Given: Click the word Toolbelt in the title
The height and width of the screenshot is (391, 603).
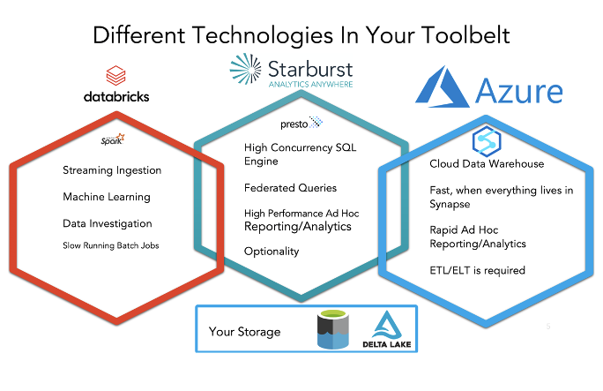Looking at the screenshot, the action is coord(465,35).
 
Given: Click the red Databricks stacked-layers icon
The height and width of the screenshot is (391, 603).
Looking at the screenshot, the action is coord(115,75).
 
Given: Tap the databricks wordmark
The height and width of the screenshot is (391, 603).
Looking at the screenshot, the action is coord(116,96).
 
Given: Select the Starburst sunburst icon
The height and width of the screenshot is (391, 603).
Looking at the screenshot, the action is coord(245,69).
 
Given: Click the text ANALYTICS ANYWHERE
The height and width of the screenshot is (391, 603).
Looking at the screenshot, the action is coord(310,84).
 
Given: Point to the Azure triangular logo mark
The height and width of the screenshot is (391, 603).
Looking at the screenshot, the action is coord(443,86).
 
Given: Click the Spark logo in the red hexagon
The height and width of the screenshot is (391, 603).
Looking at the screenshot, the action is coord(113,139).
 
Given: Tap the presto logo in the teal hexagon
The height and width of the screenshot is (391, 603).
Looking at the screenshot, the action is coord(301,123).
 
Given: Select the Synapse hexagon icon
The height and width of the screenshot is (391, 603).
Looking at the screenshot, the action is coord(487,141).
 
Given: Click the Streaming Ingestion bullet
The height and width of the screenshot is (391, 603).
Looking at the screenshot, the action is coord(112,170).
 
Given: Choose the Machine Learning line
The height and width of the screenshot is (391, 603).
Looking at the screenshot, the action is coord(107,197).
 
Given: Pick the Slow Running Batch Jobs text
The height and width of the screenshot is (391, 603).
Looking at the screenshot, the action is coord(111,245).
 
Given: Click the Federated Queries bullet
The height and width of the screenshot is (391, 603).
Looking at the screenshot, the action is coord(290,188).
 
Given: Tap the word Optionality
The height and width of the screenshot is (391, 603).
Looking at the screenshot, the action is coord(272,252).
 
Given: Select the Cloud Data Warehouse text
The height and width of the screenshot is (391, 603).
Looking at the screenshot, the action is coord(487,163).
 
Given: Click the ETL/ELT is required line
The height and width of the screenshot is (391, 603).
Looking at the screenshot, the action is coord(477,270).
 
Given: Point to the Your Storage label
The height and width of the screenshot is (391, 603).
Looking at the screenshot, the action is coord(244,332).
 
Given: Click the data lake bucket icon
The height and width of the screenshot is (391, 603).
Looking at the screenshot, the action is coord(333,329).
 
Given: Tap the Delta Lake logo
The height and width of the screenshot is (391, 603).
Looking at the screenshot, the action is coord(387,329).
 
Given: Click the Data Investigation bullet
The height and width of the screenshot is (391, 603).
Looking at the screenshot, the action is coord(108,223).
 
